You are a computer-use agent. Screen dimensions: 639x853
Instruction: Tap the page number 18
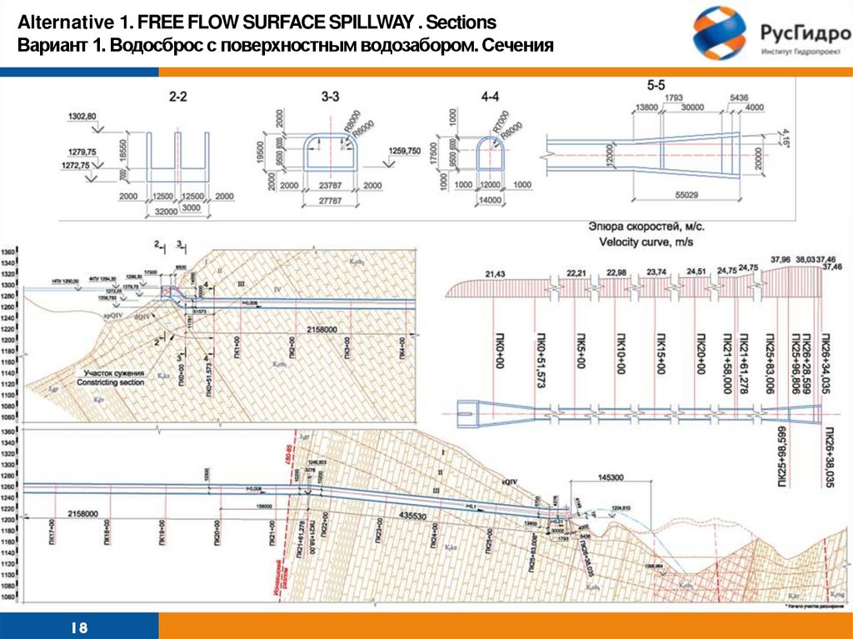[81, 627]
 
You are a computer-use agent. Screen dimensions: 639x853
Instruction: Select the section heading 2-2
[177, 97]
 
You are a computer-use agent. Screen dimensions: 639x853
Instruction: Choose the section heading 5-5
[656, 86]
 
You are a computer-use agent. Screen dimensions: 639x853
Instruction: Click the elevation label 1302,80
[82, 116]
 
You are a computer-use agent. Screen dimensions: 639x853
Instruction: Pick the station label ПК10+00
[621, 350]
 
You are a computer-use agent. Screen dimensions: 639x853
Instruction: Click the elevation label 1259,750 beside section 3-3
[404, 151]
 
